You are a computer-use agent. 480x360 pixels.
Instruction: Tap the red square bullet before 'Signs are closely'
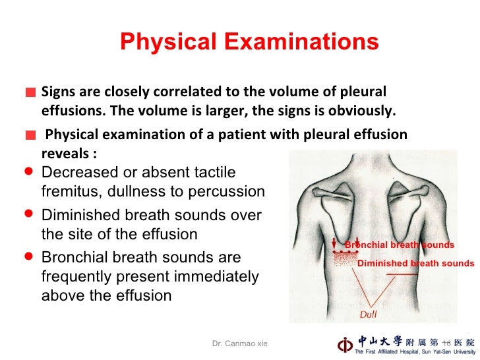pyautogui.click(x=30, y=94)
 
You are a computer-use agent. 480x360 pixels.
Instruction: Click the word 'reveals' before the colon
pyautogui.click(x=65, y=153)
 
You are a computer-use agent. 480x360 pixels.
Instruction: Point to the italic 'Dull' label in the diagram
pyautogui.click(x=369, y=313)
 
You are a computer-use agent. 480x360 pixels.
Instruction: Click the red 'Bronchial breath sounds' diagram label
pyautogui.click(x=400, y=245)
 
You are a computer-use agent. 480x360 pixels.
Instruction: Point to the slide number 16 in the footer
pyautogui.click(x=446, y=343)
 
